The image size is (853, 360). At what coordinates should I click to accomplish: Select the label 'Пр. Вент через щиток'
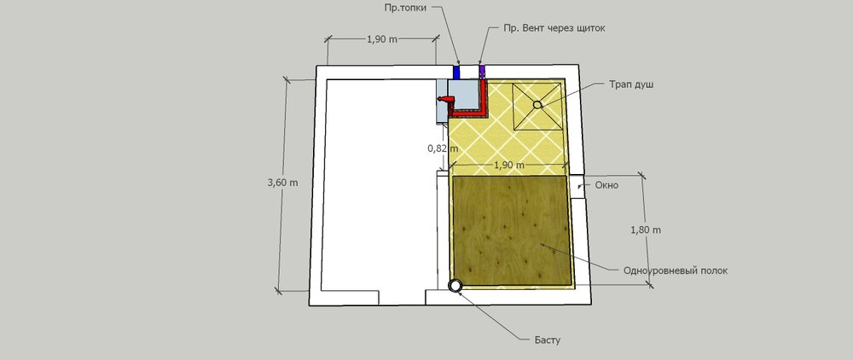pos(554,28)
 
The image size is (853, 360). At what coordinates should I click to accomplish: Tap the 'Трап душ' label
pos(631,85)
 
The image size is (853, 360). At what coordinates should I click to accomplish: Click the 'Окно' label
pos(606,185)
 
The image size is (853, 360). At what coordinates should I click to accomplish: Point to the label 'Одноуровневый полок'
pos(675,270)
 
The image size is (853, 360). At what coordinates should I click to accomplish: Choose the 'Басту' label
pos(547,341)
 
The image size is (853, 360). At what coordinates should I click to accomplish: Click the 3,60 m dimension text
pos(283,183)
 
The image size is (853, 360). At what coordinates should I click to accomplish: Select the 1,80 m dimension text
pos(646,229)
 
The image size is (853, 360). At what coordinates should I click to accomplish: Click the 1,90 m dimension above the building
pos(382,39)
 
